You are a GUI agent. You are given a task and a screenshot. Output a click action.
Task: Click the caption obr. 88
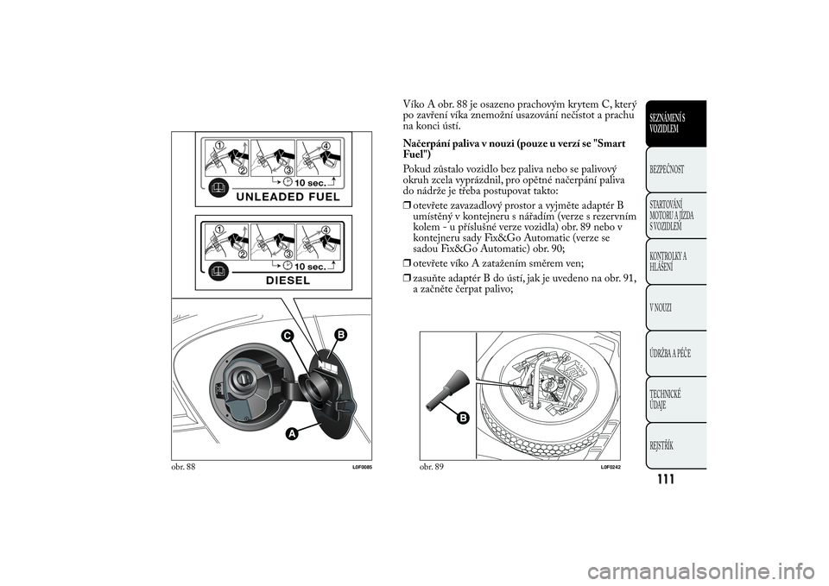click(184, 467)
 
